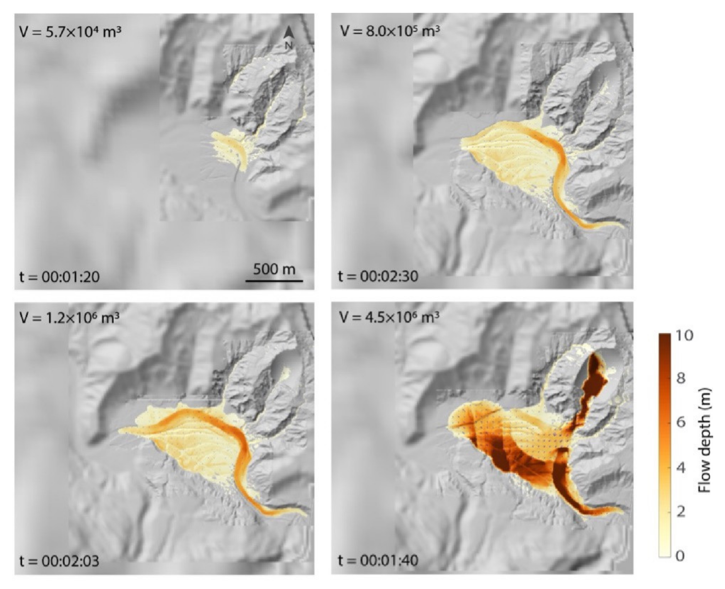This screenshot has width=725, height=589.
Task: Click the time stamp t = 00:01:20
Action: tap(59, 277)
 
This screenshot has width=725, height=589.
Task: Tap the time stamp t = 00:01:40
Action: tap(378, 560)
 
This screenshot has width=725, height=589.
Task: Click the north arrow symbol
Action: tap(289, 32)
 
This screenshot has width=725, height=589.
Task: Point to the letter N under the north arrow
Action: tap(289, 45)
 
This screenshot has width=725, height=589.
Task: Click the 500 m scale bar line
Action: tap(274, 281)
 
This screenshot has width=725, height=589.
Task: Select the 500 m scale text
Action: tap(274, 269)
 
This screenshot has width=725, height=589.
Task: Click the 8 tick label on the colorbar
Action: tap(681, 378)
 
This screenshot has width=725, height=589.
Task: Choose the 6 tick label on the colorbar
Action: tap(681, 423)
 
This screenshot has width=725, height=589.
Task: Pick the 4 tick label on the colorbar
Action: tap(681, 468)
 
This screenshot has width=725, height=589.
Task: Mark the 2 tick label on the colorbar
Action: tap(681, 512)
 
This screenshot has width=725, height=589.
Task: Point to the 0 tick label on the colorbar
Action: tap(681, 556)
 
